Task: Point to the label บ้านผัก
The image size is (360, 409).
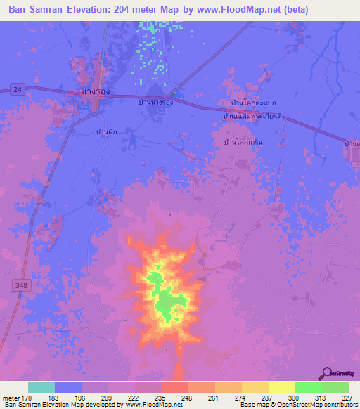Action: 107,131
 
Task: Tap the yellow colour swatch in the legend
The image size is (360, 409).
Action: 282,387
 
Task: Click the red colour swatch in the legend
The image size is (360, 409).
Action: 175,387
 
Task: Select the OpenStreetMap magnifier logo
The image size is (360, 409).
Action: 326,375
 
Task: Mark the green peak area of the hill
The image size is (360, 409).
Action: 167,303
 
